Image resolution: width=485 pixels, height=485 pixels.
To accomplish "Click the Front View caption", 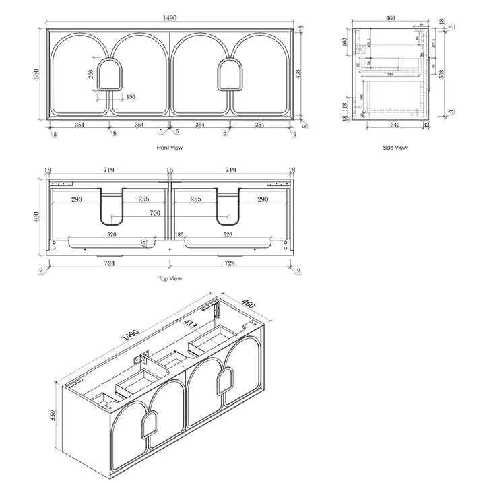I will [169, 147].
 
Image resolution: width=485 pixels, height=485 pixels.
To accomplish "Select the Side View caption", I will [395, 147].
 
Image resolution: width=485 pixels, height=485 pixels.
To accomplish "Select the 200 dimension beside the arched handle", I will [91, 73].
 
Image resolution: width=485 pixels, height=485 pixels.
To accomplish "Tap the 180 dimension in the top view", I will [179, 235].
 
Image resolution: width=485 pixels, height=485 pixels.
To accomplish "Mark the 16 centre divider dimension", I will [169, 171].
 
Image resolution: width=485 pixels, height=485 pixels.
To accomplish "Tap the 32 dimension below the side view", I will [426, 125].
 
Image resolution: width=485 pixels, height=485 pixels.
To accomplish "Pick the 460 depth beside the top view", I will [37, 217].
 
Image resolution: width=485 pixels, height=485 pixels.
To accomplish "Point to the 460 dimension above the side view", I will [390, 19].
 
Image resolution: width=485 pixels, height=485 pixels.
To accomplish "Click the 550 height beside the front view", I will [37, 73].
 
